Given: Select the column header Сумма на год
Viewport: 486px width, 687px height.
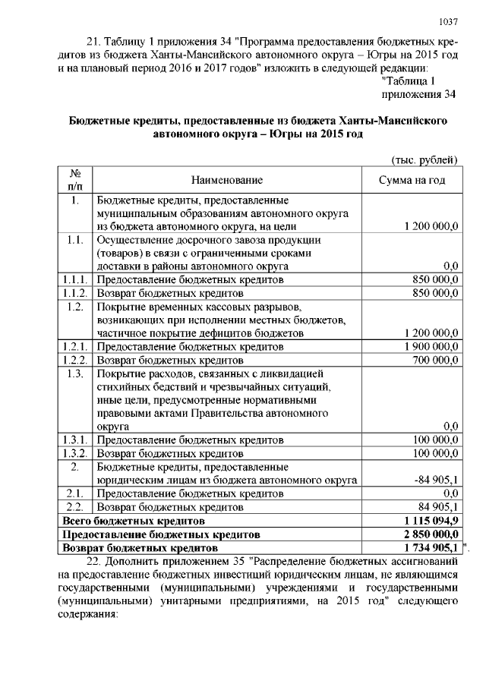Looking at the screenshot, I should point(412,180).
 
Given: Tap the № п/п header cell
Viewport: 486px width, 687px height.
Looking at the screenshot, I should point(75,180).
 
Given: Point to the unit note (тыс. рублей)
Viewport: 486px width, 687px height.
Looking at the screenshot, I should point(423,159).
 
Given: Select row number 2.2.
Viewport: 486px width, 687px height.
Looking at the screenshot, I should point(74,506).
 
